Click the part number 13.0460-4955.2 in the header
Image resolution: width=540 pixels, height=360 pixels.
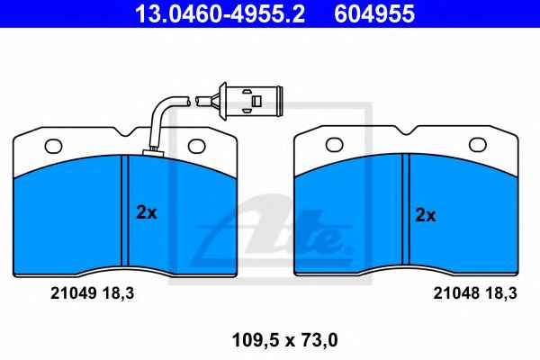tap(220, 13)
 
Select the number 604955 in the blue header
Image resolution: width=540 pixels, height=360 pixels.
tap(374, 13)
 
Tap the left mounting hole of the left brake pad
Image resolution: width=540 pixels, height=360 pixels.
tap(54, 146)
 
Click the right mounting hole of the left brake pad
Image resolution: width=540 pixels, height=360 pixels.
tap(196, 146)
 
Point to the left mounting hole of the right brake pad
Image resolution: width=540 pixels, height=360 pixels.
tap(335, 145)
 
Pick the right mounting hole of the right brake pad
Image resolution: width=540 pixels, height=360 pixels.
tap(478, 145)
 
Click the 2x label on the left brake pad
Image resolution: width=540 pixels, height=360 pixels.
tap(147, 212)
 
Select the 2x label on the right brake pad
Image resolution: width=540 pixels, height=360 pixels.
tap(426, 215)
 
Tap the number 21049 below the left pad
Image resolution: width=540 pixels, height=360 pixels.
tap(74, 293)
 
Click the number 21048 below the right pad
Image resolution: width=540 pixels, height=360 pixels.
tap(456, 293)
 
